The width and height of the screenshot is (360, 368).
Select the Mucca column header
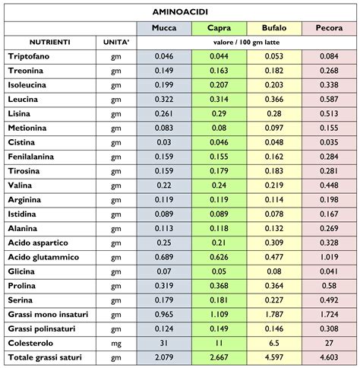coord(164,28)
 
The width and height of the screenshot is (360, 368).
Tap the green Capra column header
coord(219,28)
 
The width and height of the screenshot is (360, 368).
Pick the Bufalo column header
coord(273,28)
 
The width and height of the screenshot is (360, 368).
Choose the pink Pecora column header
coord(329,28)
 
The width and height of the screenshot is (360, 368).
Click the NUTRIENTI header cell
coord(50,43)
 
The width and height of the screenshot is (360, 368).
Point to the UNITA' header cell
coord(116,43)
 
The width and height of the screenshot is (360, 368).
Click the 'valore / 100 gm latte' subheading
coord(246,43)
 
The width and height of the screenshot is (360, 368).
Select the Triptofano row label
coord(30,56)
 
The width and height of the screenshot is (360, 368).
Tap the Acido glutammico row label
coord(43,257)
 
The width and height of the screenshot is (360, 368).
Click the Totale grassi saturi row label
coord(48,357)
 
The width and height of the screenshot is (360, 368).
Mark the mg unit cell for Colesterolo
coord(116,342)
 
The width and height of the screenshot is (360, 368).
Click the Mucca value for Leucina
coord(164,100)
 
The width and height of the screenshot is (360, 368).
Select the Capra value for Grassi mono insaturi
coord(219,314)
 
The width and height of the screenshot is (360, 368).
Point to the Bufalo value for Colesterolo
coord(273,342)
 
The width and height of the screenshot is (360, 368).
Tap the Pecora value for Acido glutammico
coord(329,257)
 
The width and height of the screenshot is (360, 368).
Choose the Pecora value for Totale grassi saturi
coord(329,357)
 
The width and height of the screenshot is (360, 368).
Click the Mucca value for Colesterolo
coord(164,342)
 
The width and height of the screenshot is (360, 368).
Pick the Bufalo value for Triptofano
coord(273,56)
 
